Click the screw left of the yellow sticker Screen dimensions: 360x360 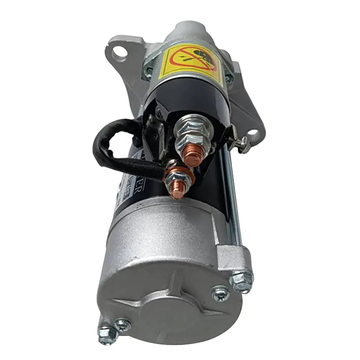pyautogui.click(x=148, y=70)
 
